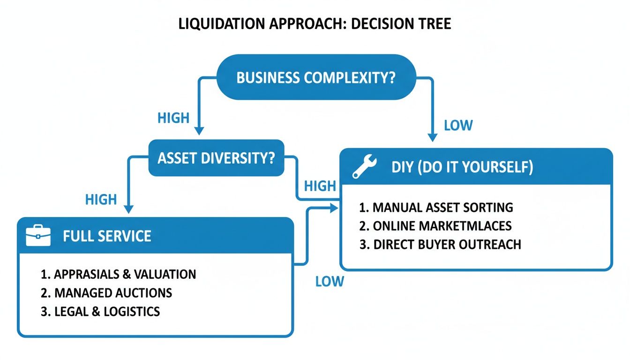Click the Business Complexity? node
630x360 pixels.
[x=316, y=77]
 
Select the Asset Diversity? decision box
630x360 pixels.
[x=216, y=158]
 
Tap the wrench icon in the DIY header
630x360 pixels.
[x=364, y=167]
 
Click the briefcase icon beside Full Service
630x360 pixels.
[x=38, y=235]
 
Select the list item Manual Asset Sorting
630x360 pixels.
[x=436, y=207]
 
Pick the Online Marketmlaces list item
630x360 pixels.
[x=435, y=226]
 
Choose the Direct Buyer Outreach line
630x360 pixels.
[x=440, y=245]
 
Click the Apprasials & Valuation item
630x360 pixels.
[x=118, y=274]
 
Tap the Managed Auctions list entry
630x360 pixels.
[x=106, y=293]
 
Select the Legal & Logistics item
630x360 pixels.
[x=100, y=311]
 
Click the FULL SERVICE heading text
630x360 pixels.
[x=107, y=235]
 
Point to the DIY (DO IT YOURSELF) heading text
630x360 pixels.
[x=462, y=167]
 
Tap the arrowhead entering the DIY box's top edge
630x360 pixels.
[x=432, y=137]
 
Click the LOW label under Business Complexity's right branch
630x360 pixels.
[x=458, y=126]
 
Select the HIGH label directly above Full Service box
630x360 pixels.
[x=101, y=200]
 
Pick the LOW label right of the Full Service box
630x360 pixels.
[x=330, y=281]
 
